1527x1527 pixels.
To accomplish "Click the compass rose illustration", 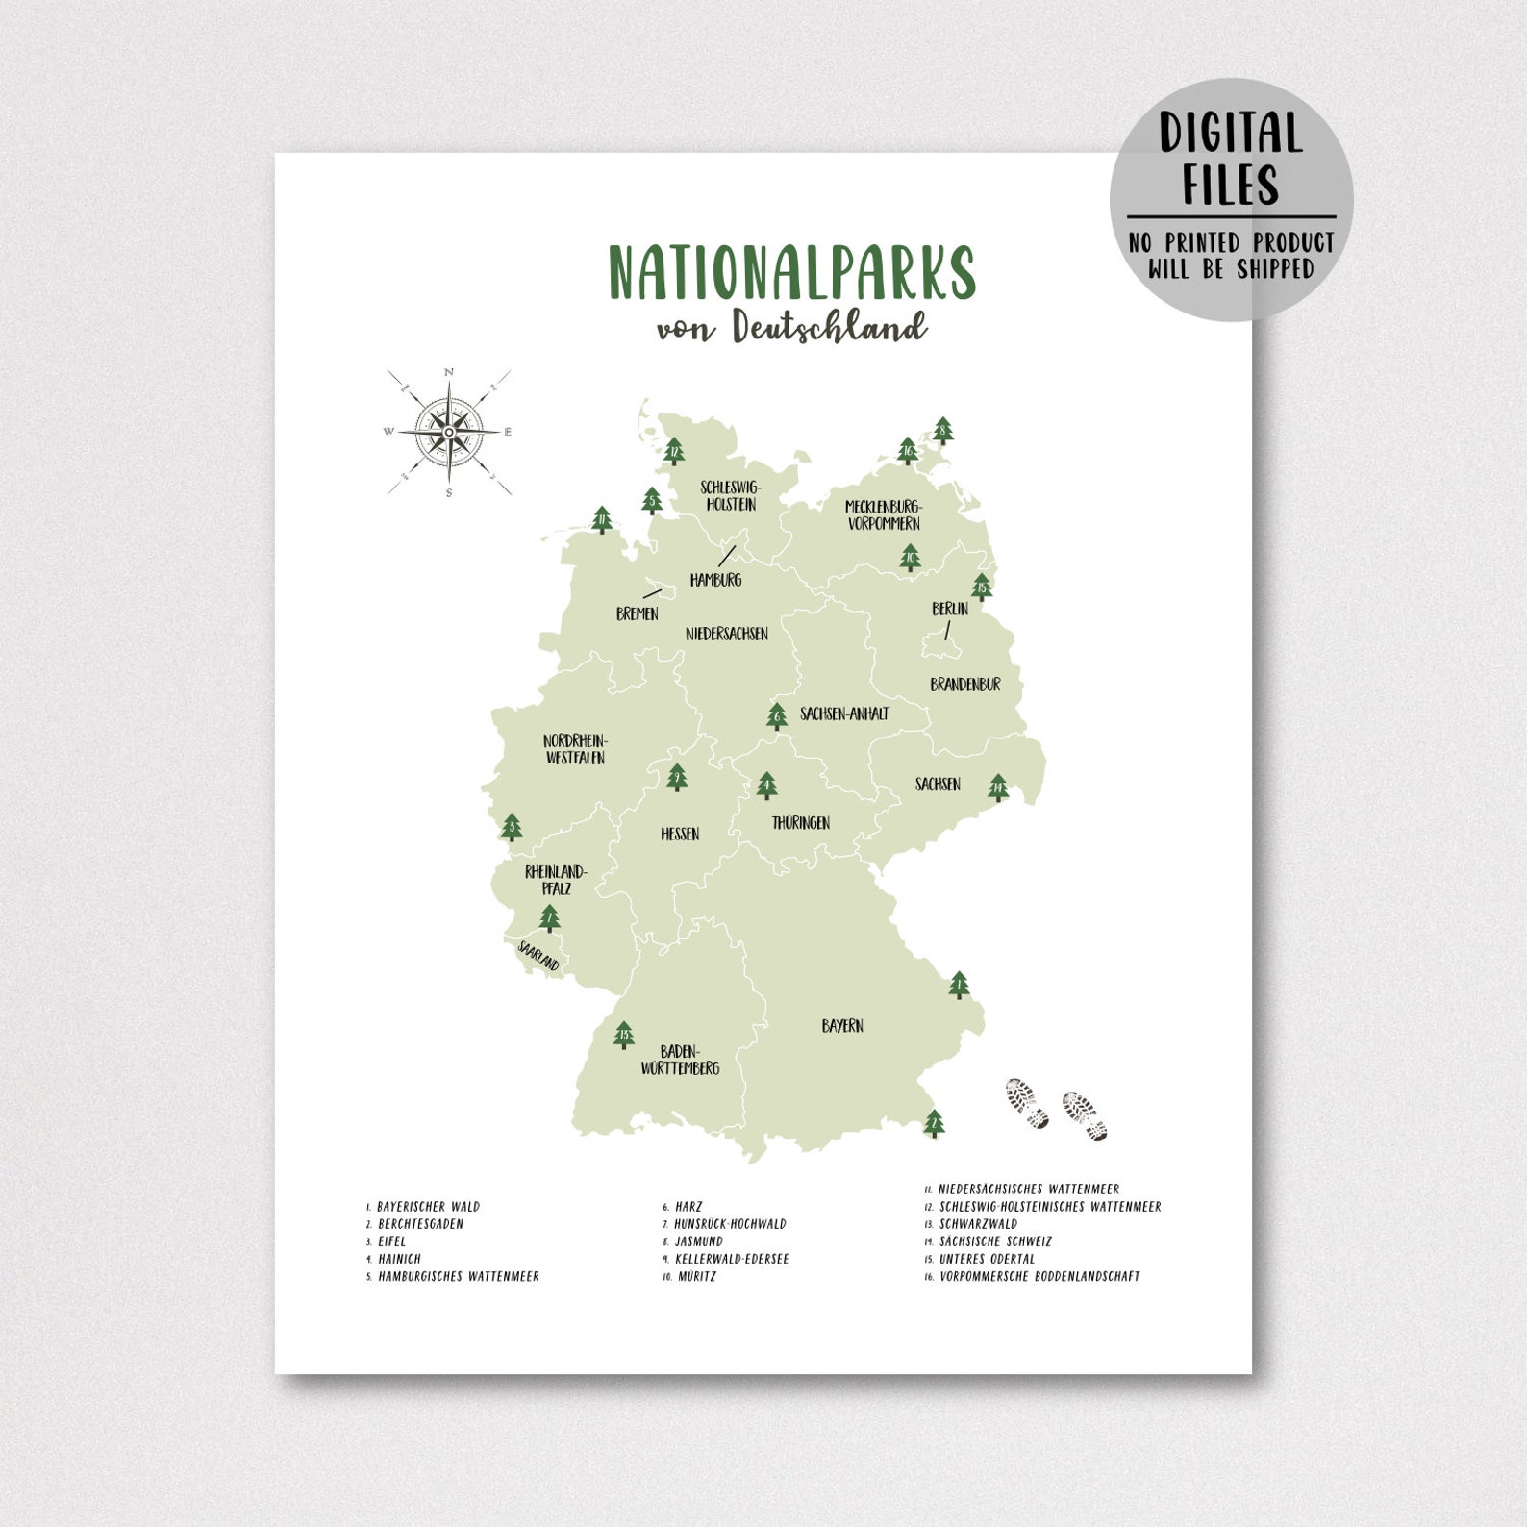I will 449,432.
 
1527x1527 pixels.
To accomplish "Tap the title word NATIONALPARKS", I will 791,273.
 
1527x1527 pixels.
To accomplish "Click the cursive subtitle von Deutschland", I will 791,327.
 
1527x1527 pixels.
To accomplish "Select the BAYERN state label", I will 842,1026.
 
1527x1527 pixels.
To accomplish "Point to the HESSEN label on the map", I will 680,834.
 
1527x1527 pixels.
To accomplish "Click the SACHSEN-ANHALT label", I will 844,713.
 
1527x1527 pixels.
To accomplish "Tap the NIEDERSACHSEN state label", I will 727,634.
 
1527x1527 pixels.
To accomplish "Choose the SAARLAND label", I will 538,956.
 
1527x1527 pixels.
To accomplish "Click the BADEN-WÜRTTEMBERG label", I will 680,1060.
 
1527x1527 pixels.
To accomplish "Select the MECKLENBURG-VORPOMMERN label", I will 884,515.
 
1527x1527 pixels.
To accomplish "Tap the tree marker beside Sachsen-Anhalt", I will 777,716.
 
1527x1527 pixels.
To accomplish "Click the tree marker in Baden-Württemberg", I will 624,1035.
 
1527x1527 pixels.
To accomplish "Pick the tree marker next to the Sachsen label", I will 998,788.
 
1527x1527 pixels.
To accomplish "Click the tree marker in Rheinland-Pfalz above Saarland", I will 549,918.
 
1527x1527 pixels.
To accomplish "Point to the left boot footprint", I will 1027,1102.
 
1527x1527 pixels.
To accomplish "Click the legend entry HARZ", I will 688,1206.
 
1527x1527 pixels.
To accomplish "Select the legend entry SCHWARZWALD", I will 978,1224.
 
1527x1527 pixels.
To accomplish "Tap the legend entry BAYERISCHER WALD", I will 428,1206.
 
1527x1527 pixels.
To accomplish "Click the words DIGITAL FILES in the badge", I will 1231,159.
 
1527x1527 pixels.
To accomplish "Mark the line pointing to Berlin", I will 947,631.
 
